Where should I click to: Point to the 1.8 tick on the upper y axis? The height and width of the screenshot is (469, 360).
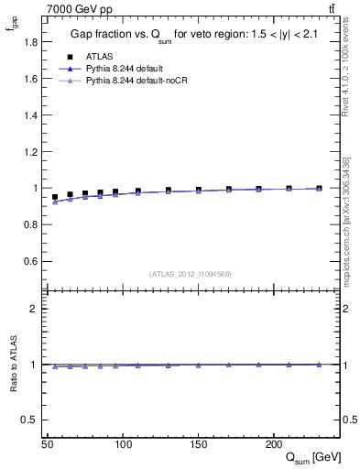(32, 42)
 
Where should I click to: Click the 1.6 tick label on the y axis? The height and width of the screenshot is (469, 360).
(32, 79)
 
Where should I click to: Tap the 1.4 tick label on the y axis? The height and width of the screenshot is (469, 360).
(32, 115)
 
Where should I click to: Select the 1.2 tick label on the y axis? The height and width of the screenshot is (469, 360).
(32, 152)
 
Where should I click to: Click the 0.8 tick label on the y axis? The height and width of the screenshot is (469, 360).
(32, 225)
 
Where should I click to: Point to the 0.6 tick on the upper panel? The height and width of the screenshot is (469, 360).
(32, 262)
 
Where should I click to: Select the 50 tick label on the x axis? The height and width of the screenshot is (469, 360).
(49, 444)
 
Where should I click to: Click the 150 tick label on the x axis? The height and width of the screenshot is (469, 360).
(198, 444)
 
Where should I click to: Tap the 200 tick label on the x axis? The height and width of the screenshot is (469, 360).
(273, 444)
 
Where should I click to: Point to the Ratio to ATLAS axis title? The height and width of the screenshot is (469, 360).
(13, 365)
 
